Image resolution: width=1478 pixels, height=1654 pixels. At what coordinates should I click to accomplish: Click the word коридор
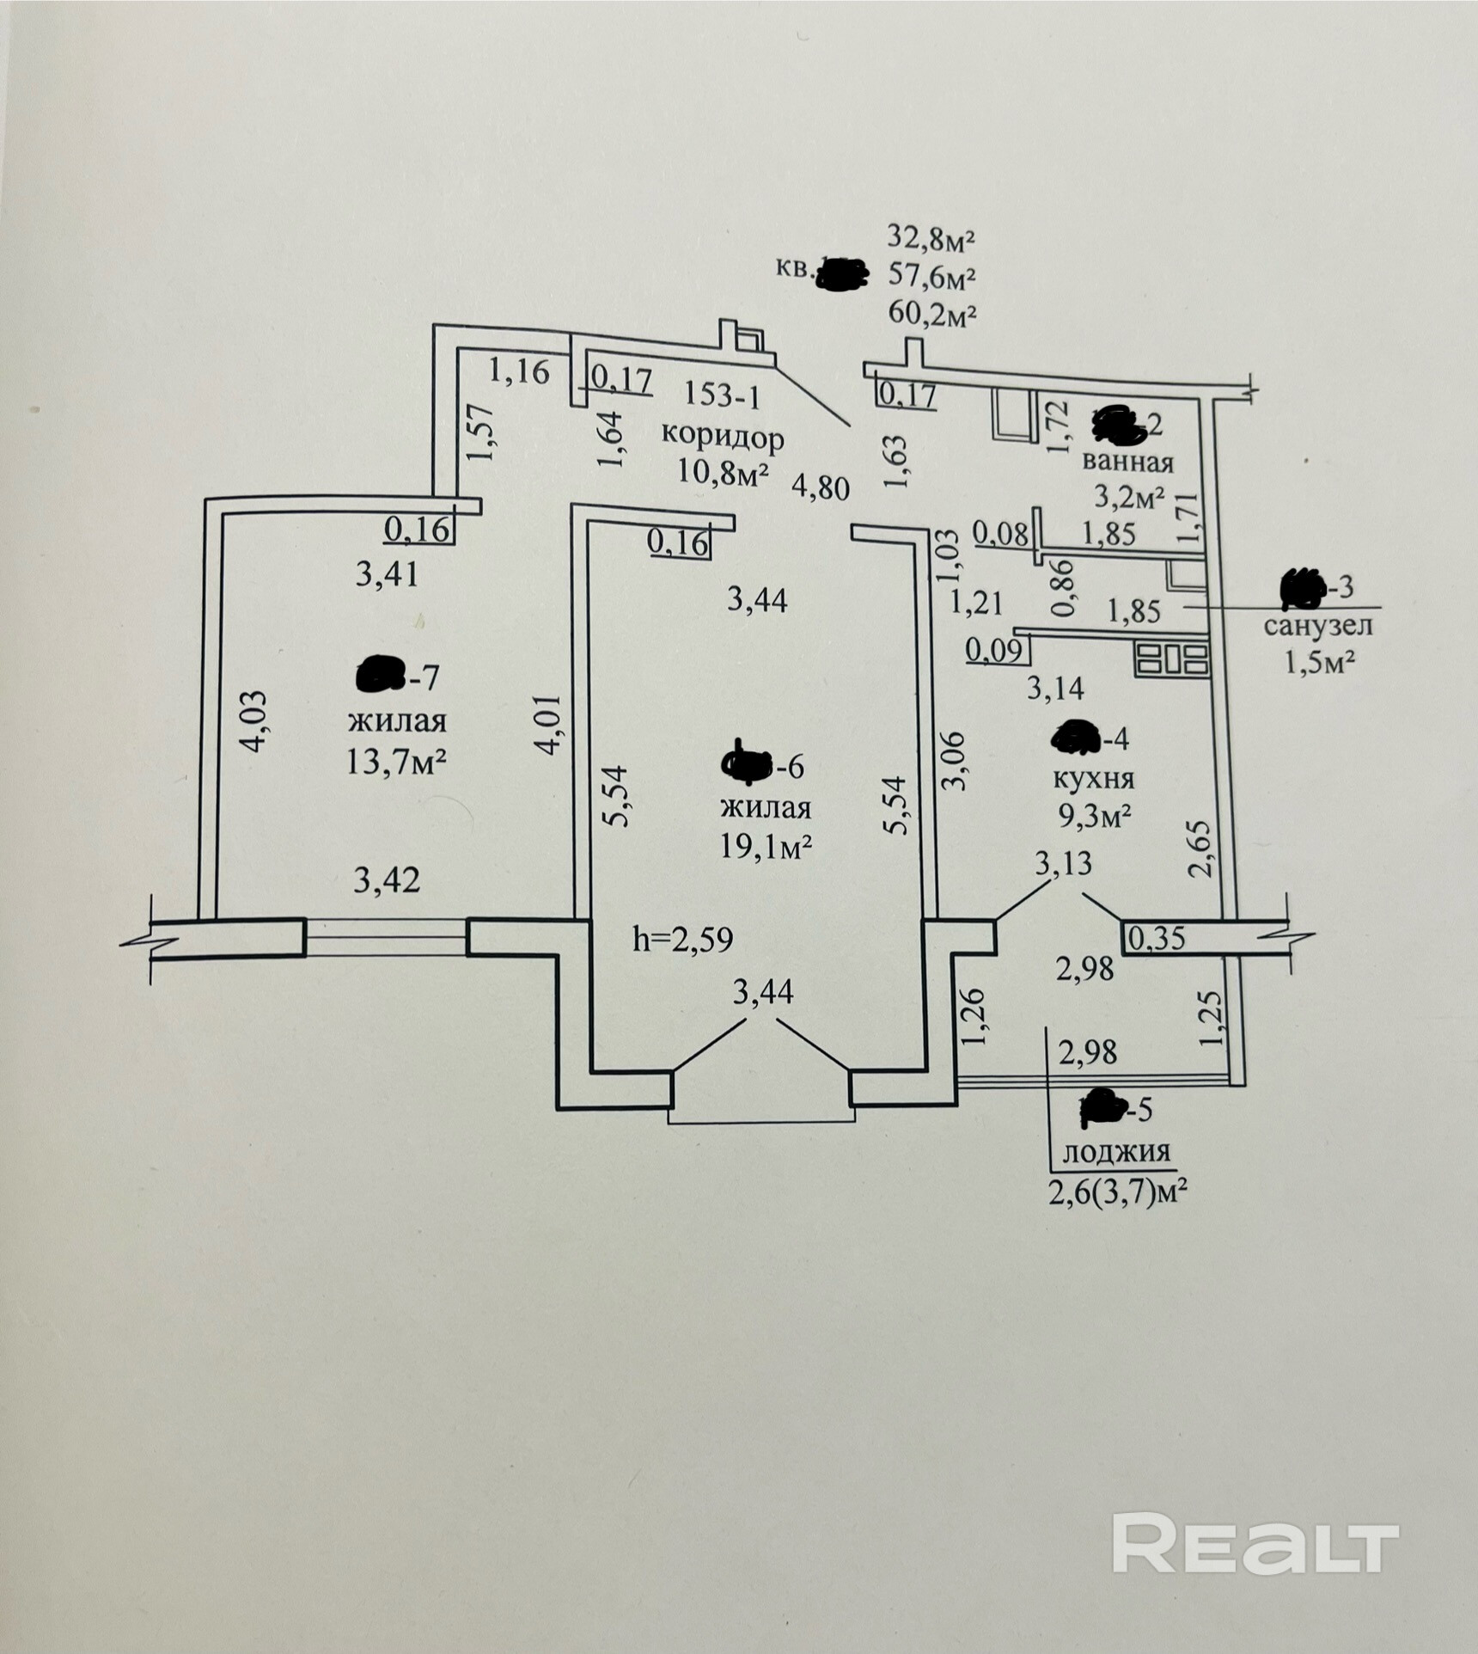(x=722, y=438)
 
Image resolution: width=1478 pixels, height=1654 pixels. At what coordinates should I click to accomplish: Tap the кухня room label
(x=1093, y=778)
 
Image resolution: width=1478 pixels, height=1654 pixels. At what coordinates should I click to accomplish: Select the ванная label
(x=1127, y=462)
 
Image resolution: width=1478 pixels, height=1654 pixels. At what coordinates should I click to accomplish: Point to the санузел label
(x=1317, y=625)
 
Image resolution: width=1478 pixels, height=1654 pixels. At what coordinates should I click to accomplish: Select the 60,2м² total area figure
(x=932, y=315)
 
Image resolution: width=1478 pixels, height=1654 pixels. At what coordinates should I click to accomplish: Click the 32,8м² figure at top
(x=932, y=238)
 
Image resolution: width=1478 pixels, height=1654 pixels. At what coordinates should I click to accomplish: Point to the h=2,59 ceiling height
(x=683, y=940)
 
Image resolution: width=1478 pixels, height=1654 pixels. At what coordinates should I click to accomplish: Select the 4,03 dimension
(x=256, y=722)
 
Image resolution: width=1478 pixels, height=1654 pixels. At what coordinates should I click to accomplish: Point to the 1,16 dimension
(x=518, y=371)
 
